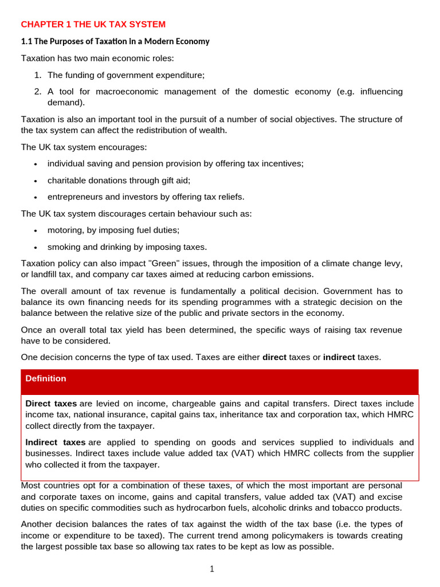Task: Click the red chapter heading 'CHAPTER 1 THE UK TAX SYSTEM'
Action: coord(93,24)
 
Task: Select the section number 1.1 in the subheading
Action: coord(27,41)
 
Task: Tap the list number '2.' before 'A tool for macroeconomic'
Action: coord(38,92)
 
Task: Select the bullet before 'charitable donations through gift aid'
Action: coord(36,181)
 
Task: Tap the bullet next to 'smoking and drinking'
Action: coord(36,248)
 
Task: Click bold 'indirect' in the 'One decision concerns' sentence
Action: coord(339,357)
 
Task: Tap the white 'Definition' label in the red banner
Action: coord(46,378)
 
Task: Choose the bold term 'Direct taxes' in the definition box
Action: coord(51,404)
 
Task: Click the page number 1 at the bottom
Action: coord(211,569)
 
